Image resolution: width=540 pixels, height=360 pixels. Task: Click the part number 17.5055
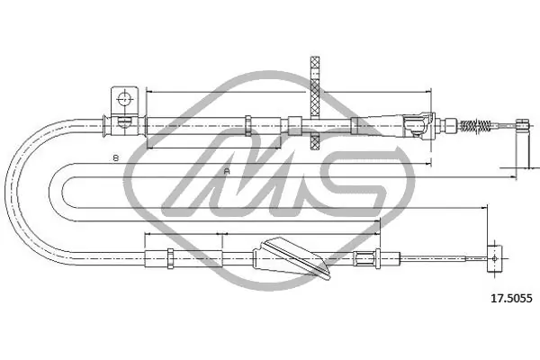click(x=511, y=298)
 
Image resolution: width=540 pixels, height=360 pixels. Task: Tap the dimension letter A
click(x=227, y=171)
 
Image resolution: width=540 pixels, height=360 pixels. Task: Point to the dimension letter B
click(x=116, y=158)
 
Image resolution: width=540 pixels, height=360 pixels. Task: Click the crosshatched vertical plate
click(x=315, y=103)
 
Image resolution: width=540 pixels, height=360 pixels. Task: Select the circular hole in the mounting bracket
click(x=124, y=99)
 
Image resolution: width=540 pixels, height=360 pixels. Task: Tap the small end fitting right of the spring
click(x=522, y=124)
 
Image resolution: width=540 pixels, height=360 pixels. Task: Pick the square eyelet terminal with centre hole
click(x=494, y=258)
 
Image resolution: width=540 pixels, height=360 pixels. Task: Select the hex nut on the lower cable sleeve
click(x=170, y=258)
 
